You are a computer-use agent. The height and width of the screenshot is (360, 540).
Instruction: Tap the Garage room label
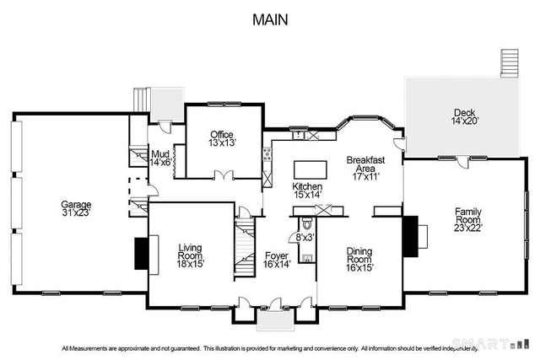coord(75,208)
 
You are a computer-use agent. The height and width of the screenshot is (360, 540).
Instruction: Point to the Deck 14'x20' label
coord(465,116)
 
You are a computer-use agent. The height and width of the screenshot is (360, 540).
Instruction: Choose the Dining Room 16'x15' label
coord(360,256)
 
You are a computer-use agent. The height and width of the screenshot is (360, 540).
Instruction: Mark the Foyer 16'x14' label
coord(277,260)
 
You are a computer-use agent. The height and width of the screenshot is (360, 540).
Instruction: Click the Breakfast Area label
coord(366,168)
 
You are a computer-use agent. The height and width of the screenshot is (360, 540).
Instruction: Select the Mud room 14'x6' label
coord(160,158)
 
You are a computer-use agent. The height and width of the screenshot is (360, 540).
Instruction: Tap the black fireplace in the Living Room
coord(141,253)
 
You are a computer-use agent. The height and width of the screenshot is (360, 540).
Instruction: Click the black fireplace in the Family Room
coord(410,234)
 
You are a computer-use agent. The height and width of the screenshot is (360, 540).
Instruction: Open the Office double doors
coord(223,175)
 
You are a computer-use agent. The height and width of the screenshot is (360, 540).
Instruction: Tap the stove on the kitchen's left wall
coord(267,153)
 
